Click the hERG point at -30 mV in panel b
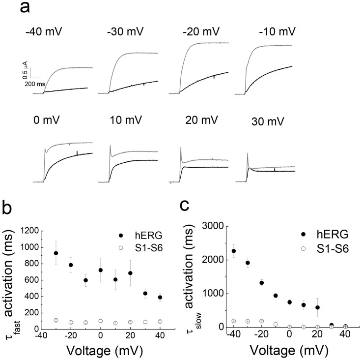(x=56, y=253)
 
